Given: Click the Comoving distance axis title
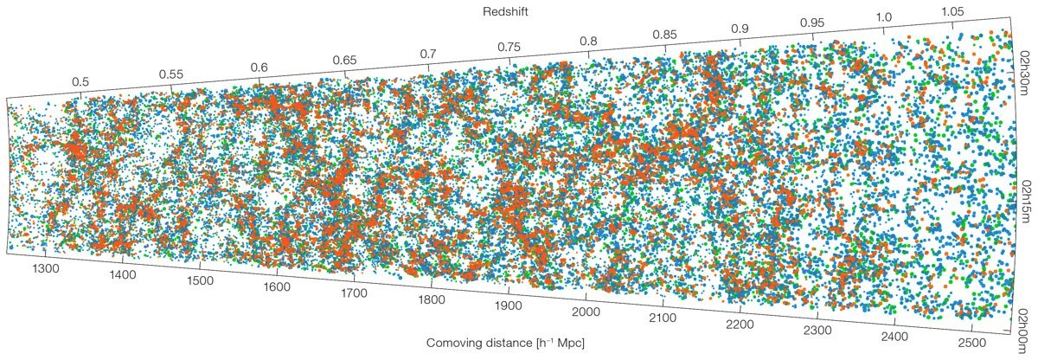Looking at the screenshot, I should [505, 343].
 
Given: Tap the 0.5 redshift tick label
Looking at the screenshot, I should [80, 82].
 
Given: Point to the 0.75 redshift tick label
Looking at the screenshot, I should [509, 47].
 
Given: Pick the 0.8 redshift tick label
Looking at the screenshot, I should [589, 41].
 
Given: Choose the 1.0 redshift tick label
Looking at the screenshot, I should [884, 17].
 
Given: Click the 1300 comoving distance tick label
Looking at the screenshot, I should [45, 269].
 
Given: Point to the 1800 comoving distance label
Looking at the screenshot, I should [431, 300].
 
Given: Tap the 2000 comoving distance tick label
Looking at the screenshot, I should [586, 312].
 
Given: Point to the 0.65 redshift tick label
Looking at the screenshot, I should [345, 61].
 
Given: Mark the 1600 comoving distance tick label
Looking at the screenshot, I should [276, 287].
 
